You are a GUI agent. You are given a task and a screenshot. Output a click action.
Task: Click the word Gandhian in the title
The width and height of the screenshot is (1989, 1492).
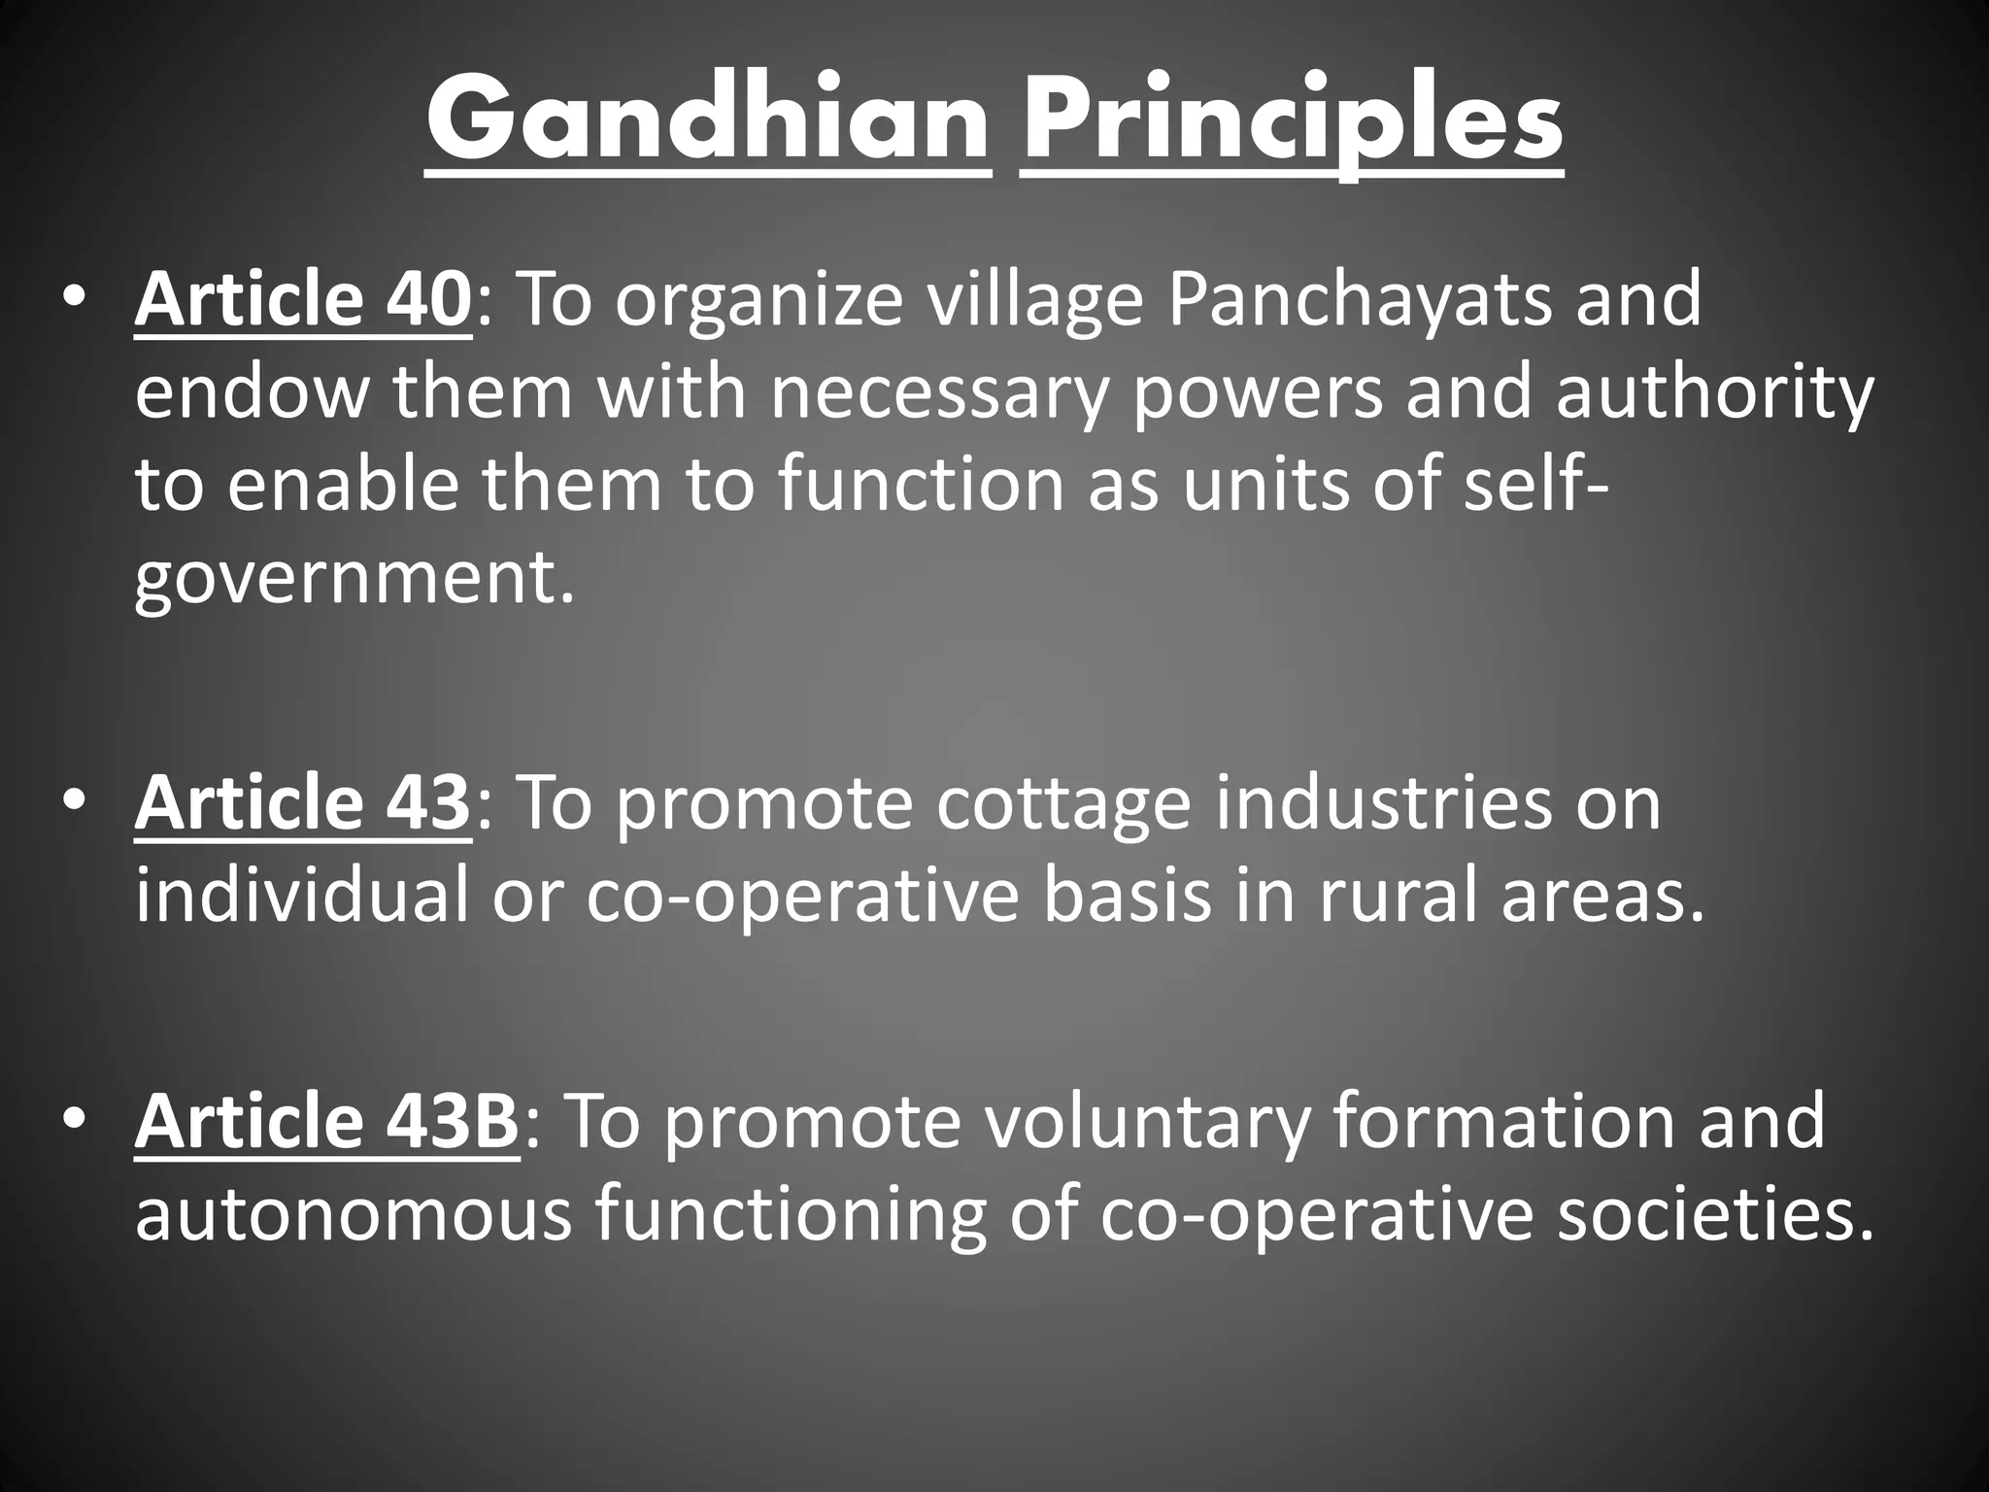(x=707, y=123)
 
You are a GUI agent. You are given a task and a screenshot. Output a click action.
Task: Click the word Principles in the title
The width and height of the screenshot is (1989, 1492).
(x=1292, y=123)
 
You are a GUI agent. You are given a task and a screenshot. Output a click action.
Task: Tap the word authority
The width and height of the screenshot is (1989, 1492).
(x=1714, y=393)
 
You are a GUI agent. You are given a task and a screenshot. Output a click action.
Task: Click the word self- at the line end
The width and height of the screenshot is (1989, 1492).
(x=1535, y=486)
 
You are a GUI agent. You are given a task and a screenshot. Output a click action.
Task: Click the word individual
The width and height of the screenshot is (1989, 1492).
(x=302, y=899)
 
